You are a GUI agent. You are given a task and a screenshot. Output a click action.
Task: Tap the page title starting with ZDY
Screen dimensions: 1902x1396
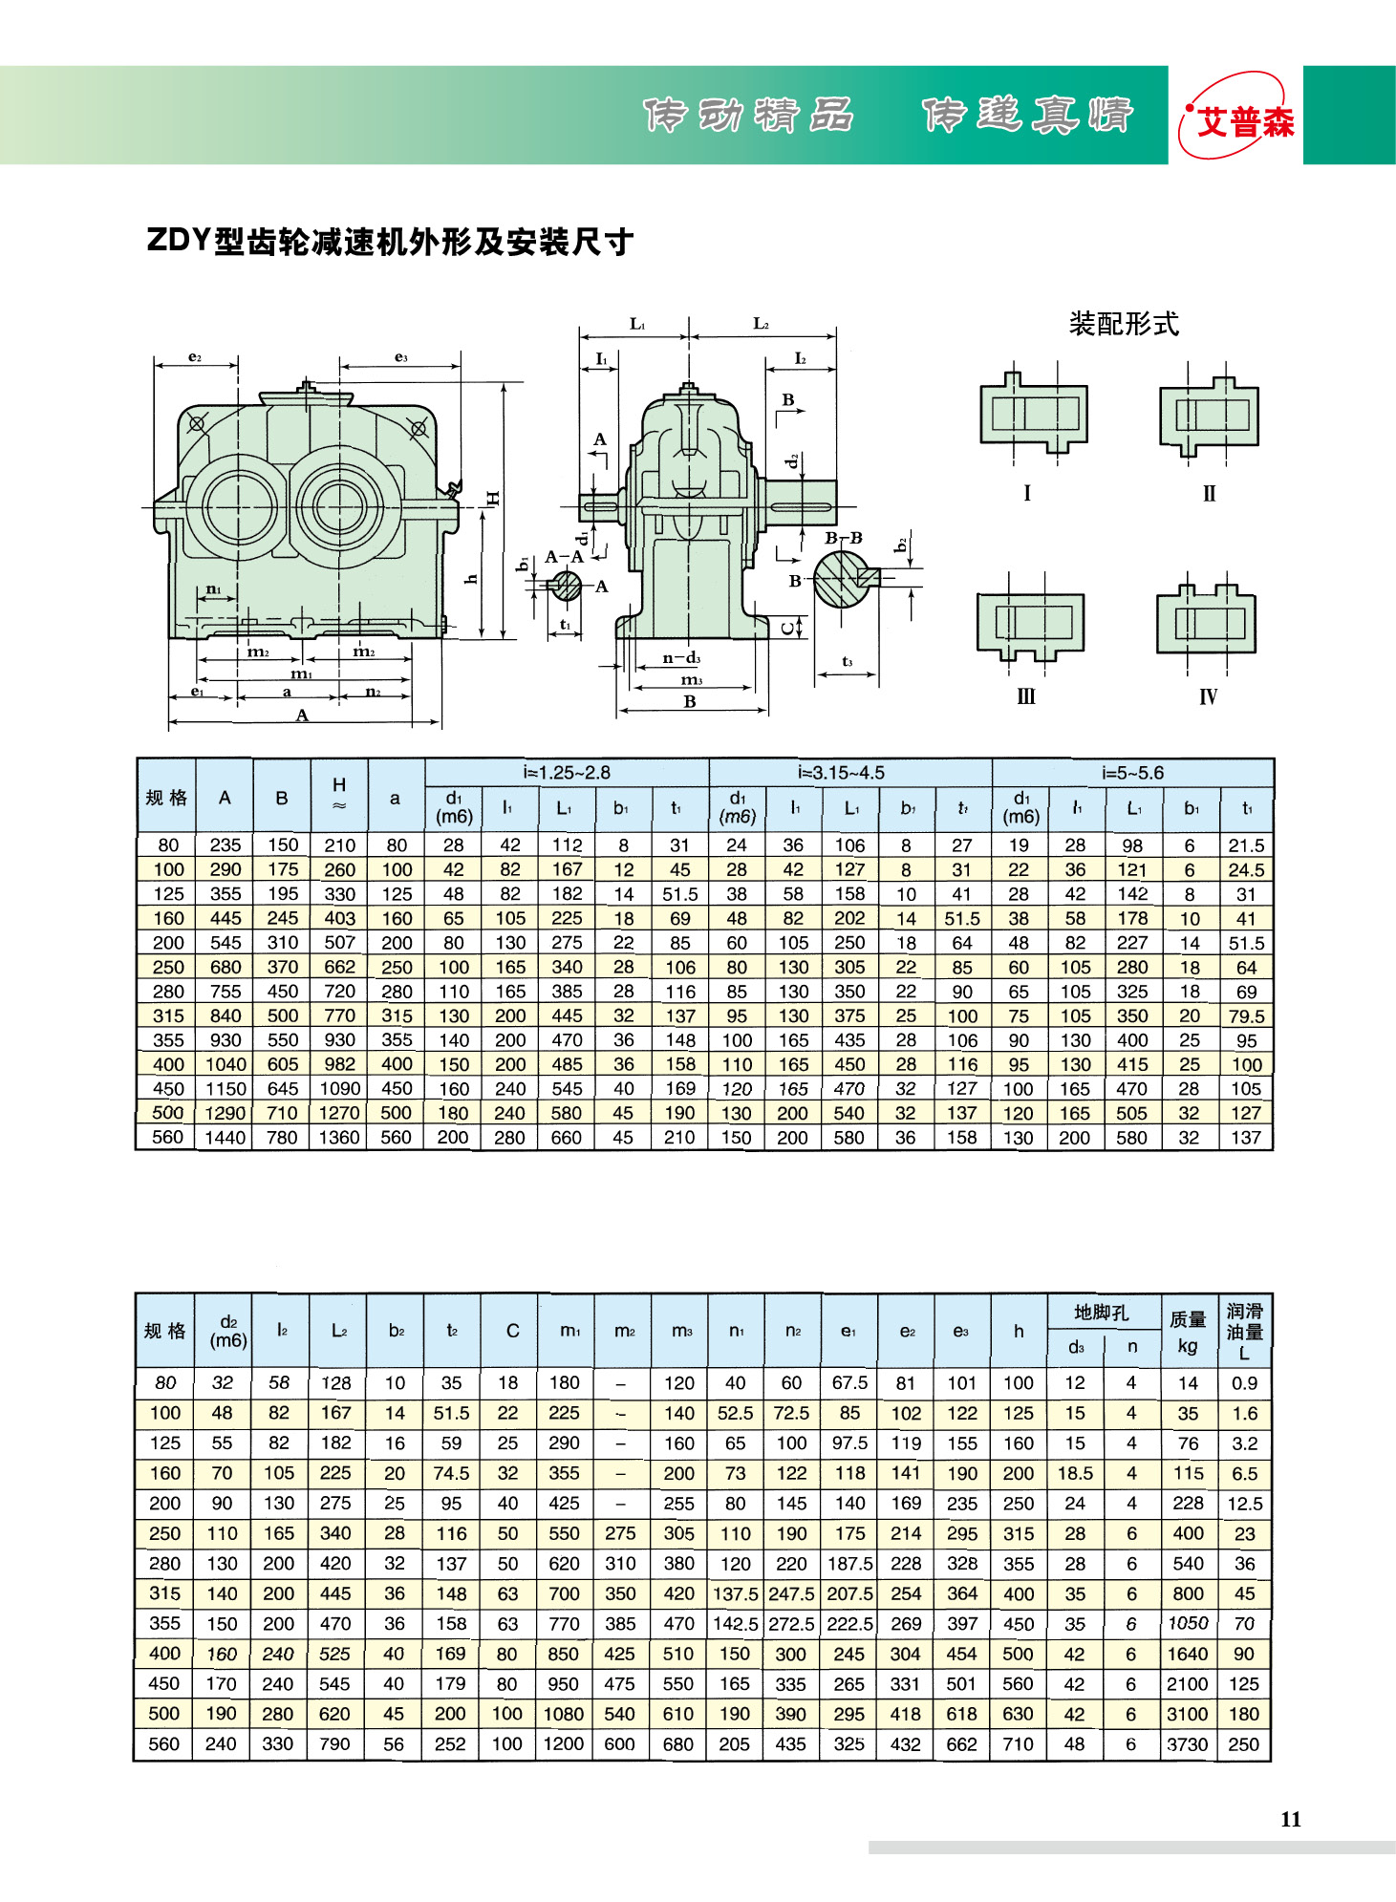coord(389,241)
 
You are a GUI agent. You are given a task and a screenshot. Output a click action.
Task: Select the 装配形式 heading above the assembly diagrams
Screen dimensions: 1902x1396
coord(1124,324)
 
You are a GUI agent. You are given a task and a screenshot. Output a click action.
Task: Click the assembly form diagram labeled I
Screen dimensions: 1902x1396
coord(1033,414)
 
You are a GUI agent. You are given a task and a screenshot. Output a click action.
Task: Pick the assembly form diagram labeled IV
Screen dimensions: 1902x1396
coord(1206,621)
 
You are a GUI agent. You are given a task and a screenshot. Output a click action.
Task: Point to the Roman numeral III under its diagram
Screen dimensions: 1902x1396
coord(1026,696)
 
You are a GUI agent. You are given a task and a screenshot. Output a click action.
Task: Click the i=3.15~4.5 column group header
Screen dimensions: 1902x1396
coord(841,772)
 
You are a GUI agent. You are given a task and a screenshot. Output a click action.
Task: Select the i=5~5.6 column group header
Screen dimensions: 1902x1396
coord(1132,772)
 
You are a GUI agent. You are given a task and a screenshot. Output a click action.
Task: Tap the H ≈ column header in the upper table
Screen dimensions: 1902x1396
coord(339,794)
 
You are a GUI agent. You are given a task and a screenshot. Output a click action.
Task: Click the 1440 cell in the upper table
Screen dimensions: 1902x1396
coord(226,1137)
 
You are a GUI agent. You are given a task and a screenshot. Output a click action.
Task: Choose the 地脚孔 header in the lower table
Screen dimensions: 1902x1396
coord(1102,1313)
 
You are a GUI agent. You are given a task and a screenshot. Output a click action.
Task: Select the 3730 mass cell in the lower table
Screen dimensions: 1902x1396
coord(1188,1743)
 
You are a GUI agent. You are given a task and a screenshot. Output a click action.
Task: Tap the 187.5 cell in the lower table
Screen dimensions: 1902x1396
coord(849,1563)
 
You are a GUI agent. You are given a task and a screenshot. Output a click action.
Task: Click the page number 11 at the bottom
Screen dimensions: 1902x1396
coord(1290,1819)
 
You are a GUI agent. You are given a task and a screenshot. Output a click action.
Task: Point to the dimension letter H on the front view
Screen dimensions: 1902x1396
coord(492,498)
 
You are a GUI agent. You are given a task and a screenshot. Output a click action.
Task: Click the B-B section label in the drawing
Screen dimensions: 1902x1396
coord(844,538)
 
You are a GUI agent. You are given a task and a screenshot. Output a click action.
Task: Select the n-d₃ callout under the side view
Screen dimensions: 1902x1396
coord(682,657)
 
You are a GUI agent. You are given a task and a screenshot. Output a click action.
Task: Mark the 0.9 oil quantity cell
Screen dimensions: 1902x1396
coord(1244,1382)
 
